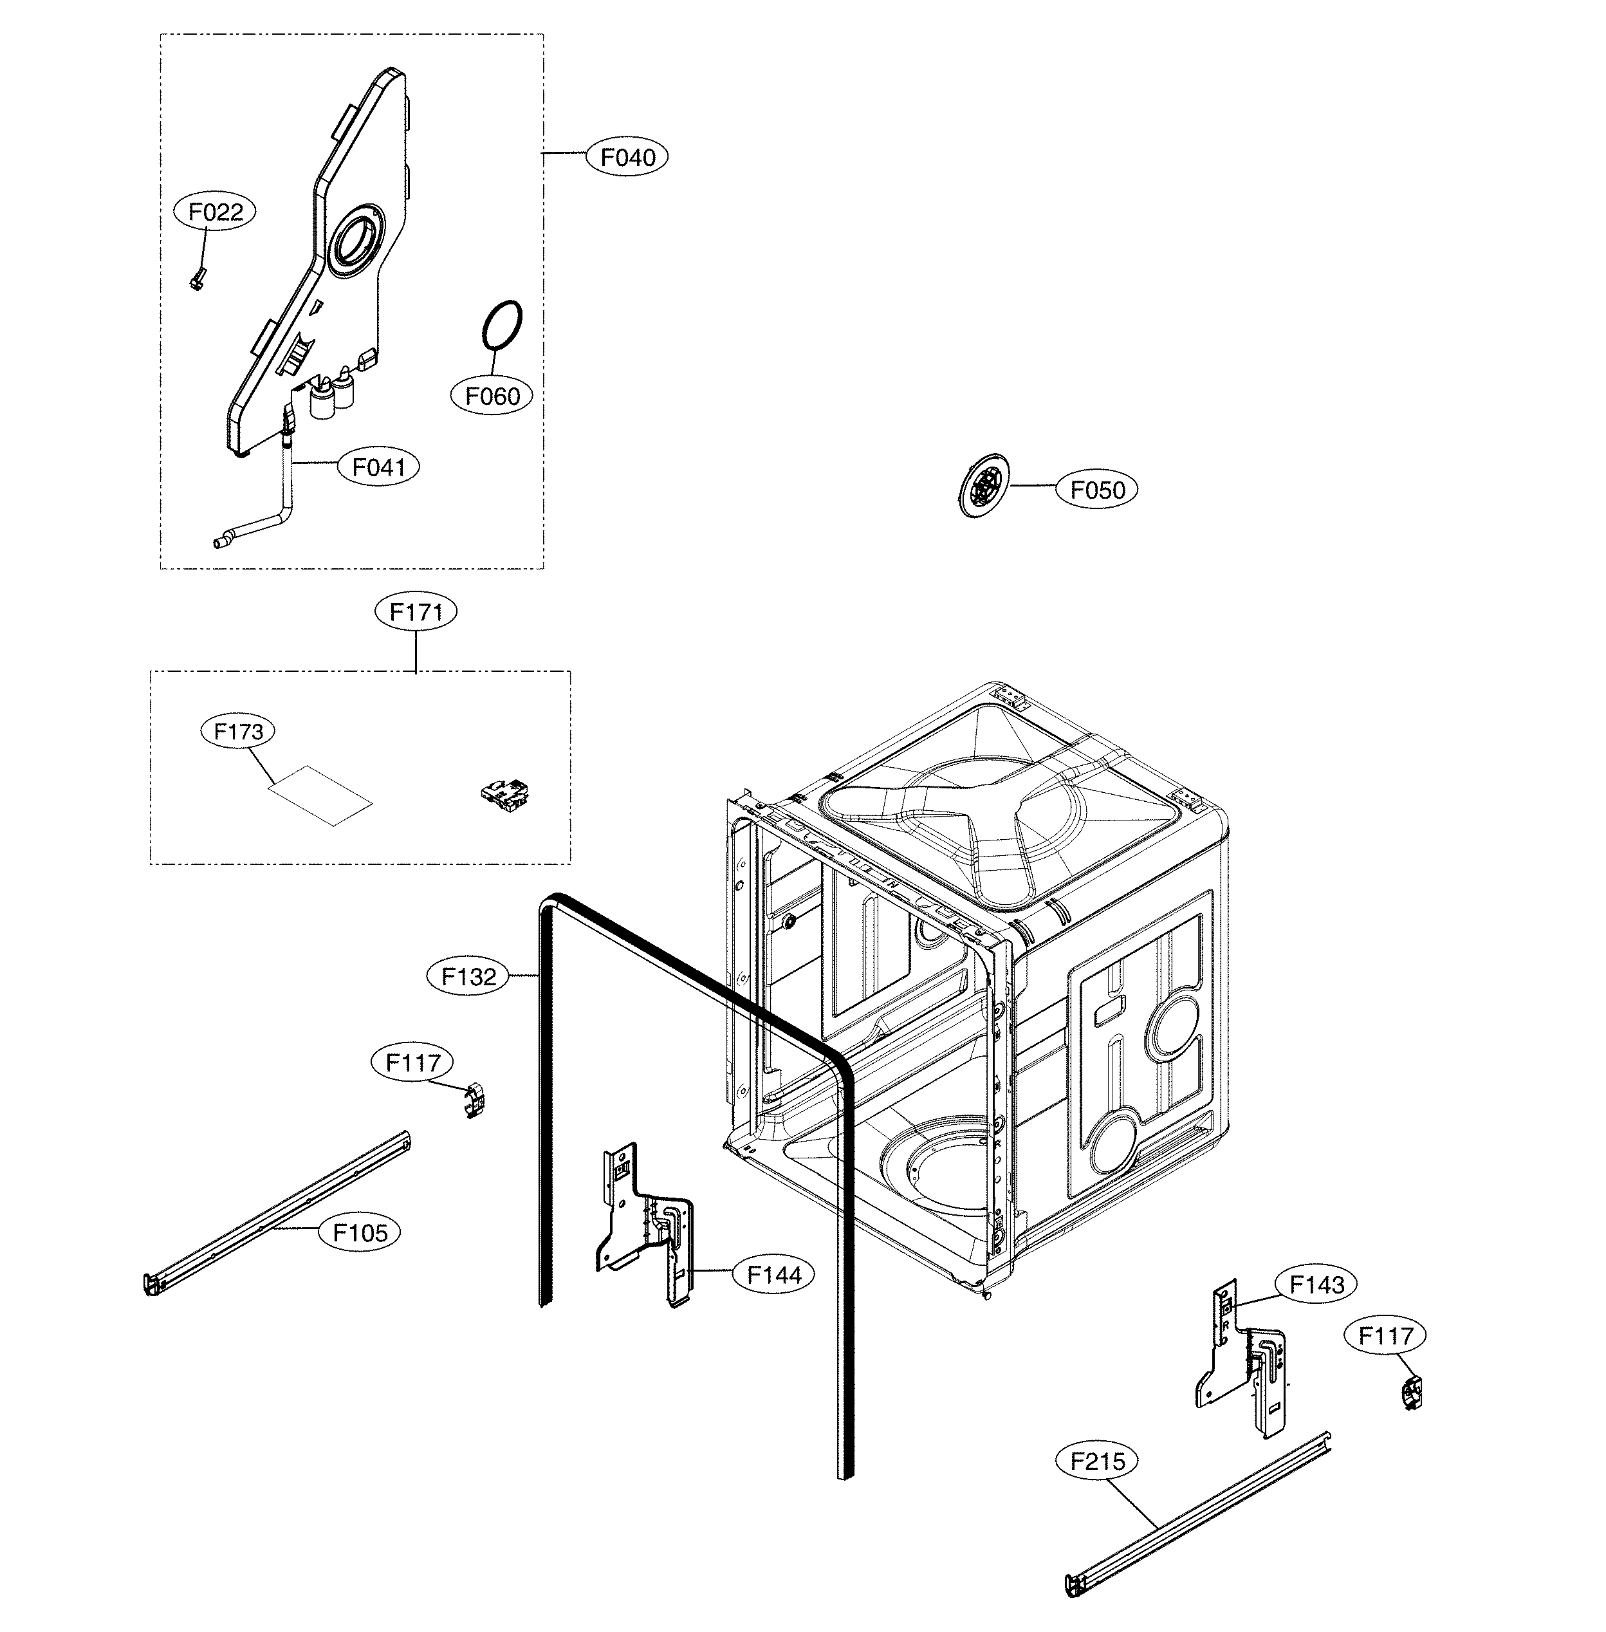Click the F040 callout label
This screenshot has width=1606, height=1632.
coord(627,157)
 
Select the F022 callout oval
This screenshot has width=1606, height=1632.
coord(215,212)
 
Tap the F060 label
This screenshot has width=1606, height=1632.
coord(493,396)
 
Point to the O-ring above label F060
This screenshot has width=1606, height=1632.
coord(502,324)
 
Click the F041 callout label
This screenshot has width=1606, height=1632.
coord(379,467)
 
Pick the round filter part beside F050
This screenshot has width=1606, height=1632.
coord(984,486)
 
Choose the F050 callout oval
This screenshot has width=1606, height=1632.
coord(1098,489)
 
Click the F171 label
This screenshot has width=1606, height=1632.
coord(416,612)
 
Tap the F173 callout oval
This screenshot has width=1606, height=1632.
coord(239,731)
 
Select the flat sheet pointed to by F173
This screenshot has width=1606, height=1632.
coord(320,795)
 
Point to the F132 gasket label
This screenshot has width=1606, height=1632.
coord(469,977)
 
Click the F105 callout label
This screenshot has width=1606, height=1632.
coord(360,1232)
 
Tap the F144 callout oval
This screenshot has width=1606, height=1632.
coord(774,1274)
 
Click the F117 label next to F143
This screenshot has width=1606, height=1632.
coord(1386,1336)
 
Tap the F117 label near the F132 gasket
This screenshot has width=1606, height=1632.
coord(412,1062)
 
